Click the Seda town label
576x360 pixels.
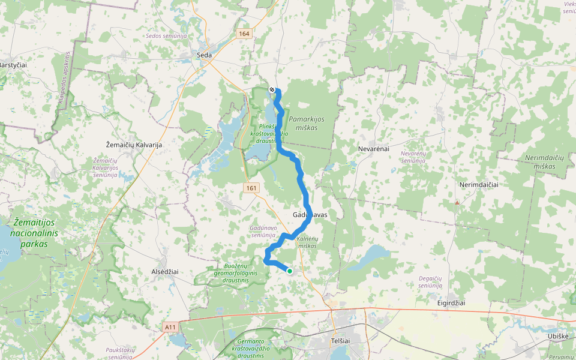pos(205,55)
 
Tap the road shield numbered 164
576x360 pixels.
pos(243,34)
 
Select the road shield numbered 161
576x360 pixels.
pos(251,188)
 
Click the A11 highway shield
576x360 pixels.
pos(171,327)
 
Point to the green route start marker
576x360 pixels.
pos(290,271)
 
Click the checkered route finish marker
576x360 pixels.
pos(272,90)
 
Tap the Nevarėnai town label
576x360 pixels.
pos(374,148)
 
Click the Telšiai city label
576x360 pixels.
pos(340,340)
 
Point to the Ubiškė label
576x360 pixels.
pos(557,336)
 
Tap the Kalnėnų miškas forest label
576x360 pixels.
pos(307,242)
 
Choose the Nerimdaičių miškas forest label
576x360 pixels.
pos(545,161)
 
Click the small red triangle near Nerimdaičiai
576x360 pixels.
pos(457,203)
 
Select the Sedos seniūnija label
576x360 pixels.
pos(166,36)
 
